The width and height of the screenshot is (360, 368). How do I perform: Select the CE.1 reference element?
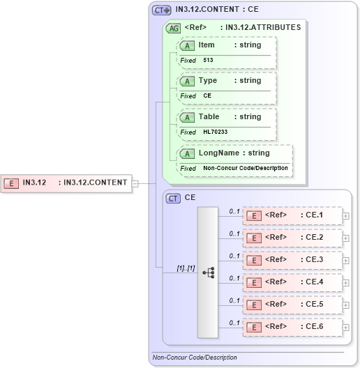[292, 215]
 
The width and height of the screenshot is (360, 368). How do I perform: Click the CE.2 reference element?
[292, 238]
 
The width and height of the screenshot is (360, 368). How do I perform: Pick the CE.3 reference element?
[292, 260]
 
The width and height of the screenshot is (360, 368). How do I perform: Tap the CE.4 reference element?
[292, 282]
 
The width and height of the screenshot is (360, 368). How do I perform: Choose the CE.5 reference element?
[292, 305]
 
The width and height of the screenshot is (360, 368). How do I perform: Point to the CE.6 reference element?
[292, 327]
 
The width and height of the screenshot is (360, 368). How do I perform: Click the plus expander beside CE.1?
[346, 216]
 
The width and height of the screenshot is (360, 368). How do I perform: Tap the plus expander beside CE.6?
[346, 328]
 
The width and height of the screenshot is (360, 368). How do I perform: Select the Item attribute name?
[207, 45]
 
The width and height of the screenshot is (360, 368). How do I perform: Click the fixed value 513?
[208, 61]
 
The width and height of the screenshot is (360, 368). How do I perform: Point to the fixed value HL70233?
[215, 132]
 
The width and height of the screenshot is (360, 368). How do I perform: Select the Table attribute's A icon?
[187, 117]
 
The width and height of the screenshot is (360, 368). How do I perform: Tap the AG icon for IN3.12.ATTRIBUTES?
[173, 28]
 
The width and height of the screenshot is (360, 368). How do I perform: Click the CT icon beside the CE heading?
[173, 198]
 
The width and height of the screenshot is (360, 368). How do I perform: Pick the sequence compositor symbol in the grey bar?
[208, 273]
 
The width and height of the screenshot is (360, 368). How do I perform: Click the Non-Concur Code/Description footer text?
[195, 358]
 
